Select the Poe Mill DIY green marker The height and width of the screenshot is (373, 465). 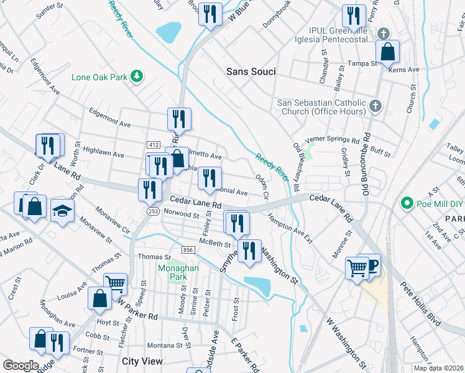[407, 203]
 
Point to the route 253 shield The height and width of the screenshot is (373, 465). [152, 211]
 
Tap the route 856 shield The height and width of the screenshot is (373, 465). [188, 249]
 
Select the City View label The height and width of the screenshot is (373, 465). [142, 361]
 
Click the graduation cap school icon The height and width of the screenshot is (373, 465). [63, 210]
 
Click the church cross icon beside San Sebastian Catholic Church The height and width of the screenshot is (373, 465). [375, 106]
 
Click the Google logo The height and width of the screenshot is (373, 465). [21, 366]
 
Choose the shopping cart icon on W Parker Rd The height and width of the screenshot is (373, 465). [115, 284]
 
